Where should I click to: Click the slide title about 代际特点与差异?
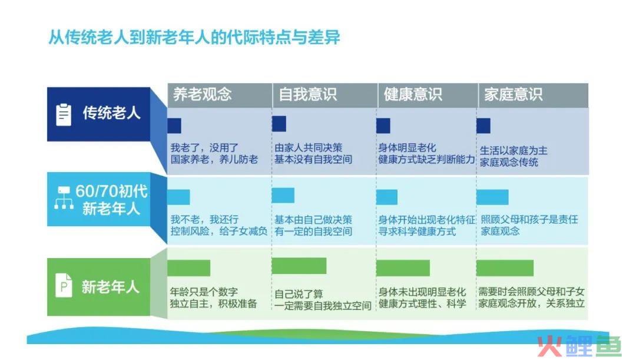[194, 37]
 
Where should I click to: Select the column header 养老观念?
[203, 94]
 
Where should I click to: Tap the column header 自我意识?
[307, 94]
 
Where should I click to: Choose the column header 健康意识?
[412, 94]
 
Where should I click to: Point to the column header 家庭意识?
[513, 94]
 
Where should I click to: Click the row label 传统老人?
[111, 113]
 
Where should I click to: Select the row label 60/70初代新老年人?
[111, 200]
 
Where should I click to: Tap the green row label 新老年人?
[110, 287]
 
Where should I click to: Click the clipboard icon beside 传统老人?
[63, 115]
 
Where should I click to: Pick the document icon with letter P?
[64, 285]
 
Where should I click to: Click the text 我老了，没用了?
[204, 148]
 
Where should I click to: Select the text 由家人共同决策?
[308, 148]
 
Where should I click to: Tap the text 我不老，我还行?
[204, 220]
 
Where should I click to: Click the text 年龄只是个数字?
[204, 292]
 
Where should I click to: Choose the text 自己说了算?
[299, 294]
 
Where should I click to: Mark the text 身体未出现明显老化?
[422, 292]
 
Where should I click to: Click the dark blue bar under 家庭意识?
[483, 126]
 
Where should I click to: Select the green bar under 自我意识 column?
[299, 266]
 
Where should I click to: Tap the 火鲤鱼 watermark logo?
[579, 346]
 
